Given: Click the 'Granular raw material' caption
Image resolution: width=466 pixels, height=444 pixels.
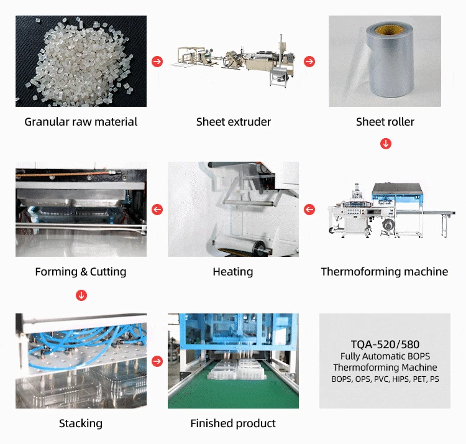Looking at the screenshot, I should pyautogui.click(x=81, y=122).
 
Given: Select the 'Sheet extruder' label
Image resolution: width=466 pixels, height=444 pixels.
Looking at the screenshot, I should pyautogui.click(x=234, y=122).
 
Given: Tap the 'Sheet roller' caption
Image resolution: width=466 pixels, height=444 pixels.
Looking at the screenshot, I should pyautogui.click(x=385, y=122).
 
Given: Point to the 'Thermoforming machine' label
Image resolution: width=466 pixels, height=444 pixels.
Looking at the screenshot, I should pyautogui.click(x=385, y=272).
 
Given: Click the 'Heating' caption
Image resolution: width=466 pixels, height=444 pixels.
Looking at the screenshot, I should pyautogui.click(x=233, y=272).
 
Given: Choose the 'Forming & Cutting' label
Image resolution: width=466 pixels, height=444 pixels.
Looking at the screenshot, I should pyautogui.click(x=81, y=272).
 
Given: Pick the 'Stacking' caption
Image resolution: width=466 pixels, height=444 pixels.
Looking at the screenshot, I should pyautogui.click(x=81, y=423).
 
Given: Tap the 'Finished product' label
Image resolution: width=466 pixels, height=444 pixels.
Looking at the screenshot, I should pyautogui.click(x=233, y=423).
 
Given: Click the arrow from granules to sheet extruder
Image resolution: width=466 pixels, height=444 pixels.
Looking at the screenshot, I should pyautogui.click(x=157, y=62).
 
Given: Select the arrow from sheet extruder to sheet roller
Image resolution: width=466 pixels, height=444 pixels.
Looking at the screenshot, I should pyautogui.click(x=309, y=62).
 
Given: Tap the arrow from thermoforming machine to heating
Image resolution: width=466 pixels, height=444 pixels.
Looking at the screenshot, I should pyautogui.click(x=309, y=210).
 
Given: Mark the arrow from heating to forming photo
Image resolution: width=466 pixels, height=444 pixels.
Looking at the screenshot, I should pyautogui.click(x=157, y=210).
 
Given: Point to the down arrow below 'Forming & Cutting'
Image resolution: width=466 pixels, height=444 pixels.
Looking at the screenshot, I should pyautogui.click(x=81, y=295).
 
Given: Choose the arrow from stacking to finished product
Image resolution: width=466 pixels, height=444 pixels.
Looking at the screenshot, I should pyautogui.click(x=157, y=361).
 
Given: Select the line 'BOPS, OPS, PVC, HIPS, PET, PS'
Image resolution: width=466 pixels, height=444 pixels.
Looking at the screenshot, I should pyautogui.click(x=385, y=379).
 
